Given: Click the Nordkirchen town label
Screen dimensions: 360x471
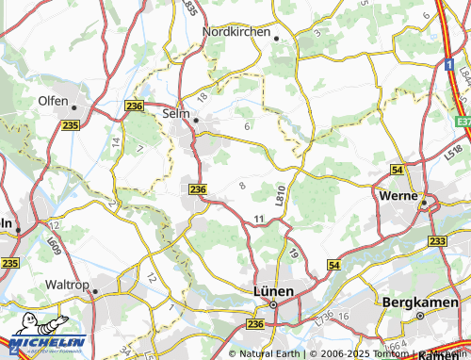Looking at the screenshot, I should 235,29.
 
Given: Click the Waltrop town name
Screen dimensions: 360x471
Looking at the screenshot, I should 50,284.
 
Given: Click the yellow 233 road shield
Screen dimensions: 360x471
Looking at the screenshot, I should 437,241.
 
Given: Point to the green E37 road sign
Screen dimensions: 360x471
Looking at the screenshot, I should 462,122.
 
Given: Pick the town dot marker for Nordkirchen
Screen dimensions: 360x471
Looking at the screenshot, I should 277,38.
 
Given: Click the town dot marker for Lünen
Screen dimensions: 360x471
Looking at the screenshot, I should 274,304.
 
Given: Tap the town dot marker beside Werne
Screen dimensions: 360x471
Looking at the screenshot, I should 424,202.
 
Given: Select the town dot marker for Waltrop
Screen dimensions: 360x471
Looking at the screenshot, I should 95,292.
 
